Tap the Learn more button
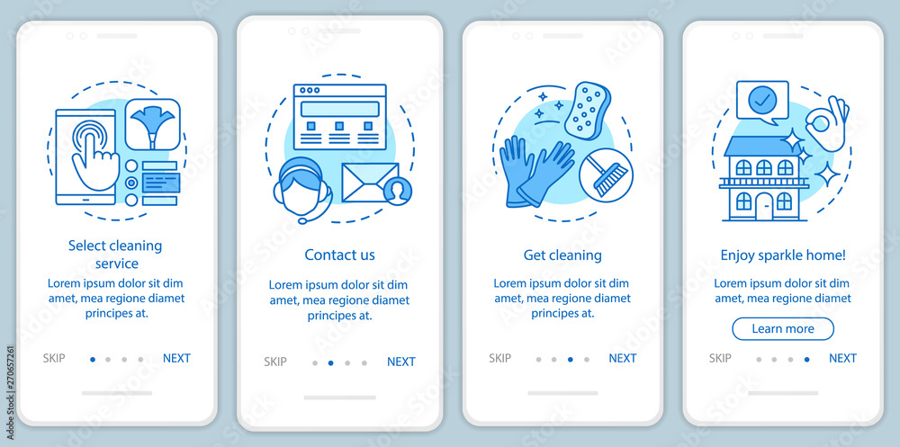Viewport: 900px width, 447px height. pos(783,329)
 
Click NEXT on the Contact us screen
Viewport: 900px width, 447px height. pos(401,362)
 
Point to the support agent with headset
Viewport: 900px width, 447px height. pos(302,190)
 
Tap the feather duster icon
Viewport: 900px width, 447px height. pos(153,124)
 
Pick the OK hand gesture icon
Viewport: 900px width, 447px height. pos(827,124)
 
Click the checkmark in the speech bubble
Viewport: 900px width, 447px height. pos(762,101)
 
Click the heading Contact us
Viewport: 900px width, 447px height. pos(340,255)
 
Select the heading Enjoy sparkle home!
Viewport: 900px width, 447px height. pos(783,255)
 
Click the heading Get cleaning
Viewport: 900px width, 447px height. pos(562,255)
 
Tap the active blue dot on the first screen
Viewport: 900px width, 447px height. pos(93,360)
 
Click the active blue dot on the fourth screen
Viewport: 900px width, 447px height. pos(807,360)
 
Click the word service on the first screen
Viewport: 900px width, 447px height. pos(116,264)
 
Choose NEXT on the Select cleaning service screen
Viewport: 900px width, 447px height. pos(176,358)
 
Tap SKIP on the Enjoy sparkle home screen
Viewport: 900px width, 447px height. pos(720,358)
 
